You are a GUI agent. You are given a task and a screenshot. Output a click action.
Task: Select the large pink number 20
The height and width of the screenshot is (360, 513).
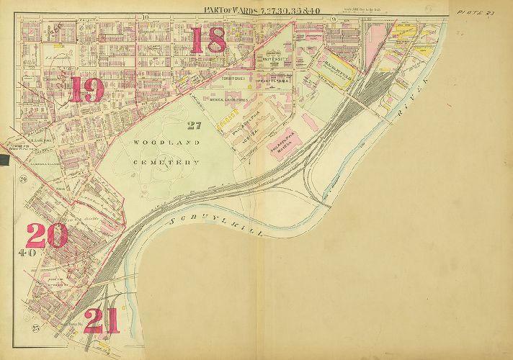(x=46, y=235)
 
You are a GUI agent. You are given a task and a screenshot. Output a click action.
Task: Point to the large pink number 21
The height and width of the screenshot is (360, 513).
(x=101, y=321)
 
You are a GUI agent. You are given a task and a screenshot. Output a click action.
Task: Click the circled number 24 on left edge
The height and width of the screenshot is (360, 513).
(x=23, y=179)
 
